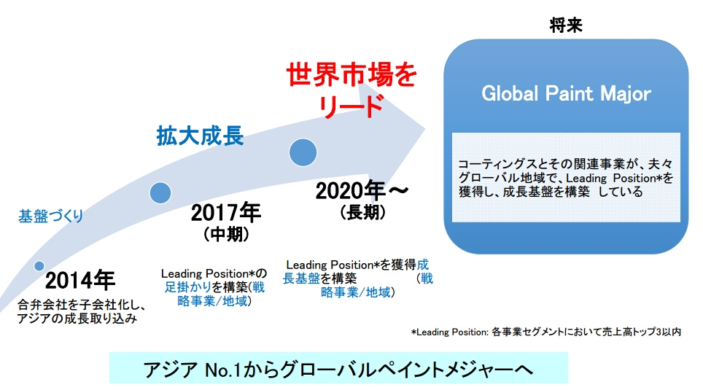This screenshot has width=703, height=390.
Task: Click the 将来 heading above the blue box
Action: click(x=566, y=25)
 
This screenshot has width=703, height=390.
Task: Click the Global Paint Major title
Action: click(x=566, y=94)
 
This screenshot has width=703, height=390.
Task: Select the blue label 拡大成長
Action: click(x=200, y=136)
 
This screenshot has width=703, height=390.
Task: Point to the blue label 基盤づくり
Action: click(x=50, y=216)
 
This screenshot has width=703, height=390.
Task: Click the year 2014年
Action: click(x=80, y=281)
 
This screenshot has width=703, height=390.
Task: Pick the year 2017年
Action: click(x=226, y=212)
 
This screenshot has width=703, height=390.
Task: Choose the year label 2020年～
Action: click(x=362, y=191)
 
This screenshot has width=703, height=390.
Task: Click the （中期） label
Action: click(x=226, y=234)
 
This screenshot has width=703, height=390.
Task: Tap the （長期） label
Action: click(x=362, y=212)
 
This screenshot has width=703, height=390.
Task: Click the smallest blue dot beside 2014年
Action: click(x=39, y=266)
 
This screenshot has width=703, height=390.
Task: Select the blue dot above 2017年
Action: click(x=160, y=193)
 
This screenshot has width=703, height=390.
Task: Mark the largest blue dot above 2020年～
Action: click(x=303, y=152)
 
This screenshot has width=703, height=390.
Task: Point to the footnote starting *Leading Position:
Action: click(x=546, y=332)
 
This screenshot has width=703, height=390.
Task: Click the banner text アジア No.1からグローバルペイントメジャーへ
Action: click(x=338, y=370)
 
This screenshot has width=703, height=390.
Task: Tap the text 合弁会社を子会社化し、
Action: click(x=82, y=305)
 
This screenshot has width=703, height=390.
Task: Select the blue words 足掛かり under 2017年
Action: click(x=188, y=287)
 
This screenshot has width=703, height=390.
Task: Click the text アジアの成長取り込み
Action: click(x=77, y=319)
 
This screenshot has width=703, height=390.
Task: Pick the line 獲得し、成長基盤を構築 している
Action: click(x=551, y=192)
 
